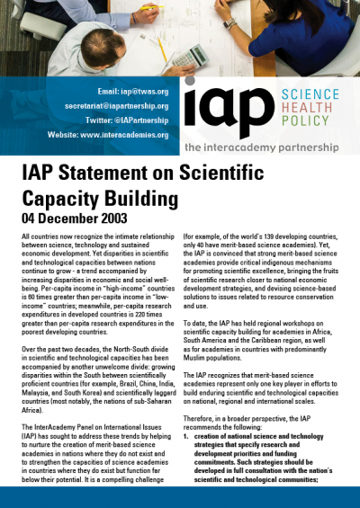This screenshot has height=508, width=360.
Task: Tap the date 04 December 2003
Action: click(76, 218)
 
